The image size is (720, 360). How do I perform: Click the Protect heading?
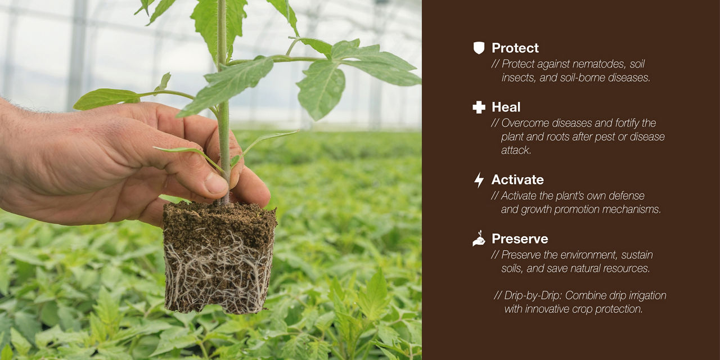click(515, 48)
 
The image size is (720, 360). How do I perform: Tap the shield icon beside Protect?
click(479, 48)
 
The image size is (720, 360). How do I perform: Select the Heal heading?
click(506, 107)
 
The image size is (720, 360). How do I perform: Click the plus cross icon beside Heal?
click(479, 107)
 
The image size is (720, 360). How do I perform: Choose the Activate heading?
click(517, 180)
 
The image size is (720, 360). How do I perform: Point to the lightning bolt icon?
click(479, 180)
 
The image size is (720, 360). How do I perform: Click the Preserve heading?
click(519, 239)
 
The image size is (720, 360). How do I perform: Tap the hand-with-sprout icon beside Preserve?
click(479, 239)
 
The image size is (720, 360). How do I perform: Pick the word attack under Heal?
click(516, 150)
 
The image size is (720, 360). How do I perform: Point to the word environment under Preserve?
click(583, 255)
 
